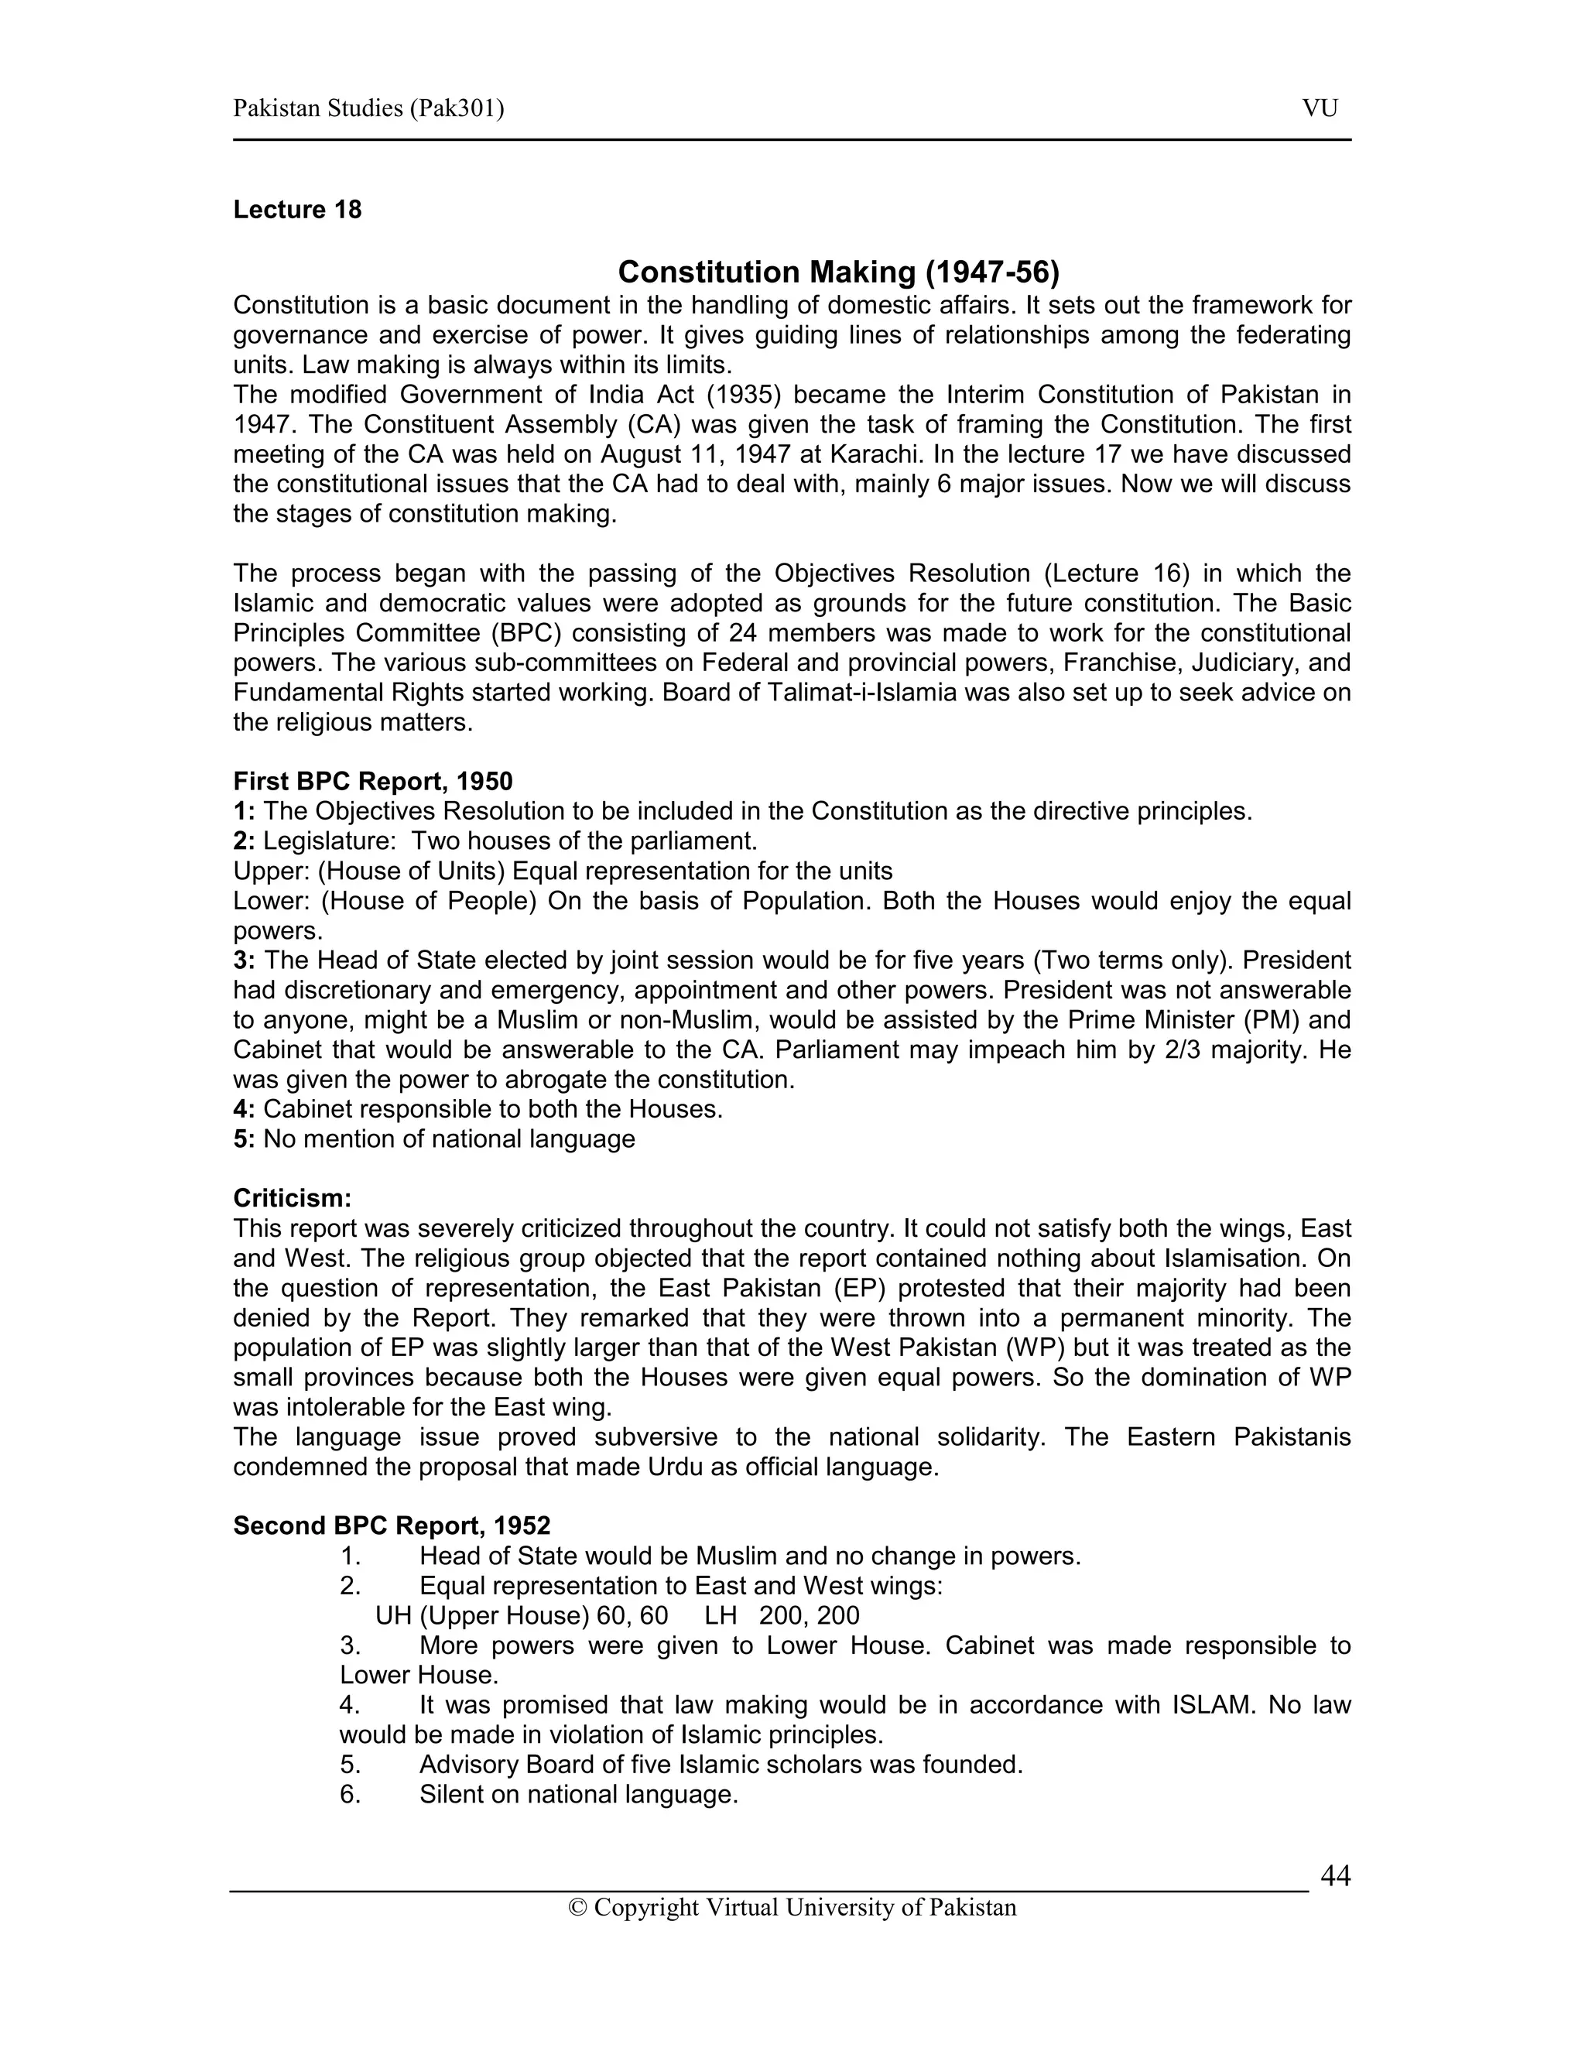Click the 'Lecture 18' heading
click(296, 210)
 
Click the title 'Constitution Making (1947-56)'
click(837, 272)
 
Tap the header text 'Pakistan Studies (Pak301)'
click(368, 109)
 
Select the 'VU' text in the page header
click(1320, 109)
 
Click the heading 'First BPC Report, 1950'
click(373, 782)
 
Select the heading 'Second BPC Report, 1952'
click(392, 1526)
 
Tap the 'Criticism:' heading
click(292, 1198)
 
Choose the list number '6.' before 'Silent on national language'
click(351, 1795)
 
